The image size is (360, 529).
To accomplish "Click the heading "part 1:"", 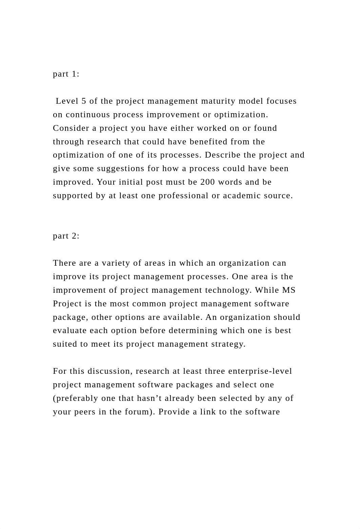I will click(66, 74).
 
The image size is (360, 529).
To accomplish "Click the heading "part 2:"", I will click(66, 236).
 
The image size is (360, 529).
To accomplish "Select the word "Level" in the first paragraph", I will click(67, 101).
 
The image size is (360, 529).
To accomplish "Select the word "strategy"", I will click(228, 344).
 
